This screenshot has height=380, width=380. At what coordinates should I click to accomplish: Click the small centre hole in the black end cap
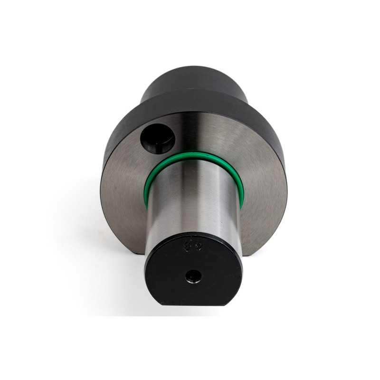pyautogui.click(x=193, y=275)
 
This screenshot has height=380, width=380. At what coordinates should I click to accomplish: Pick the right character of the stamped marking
pyautogui.click(x=199, y=246)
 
